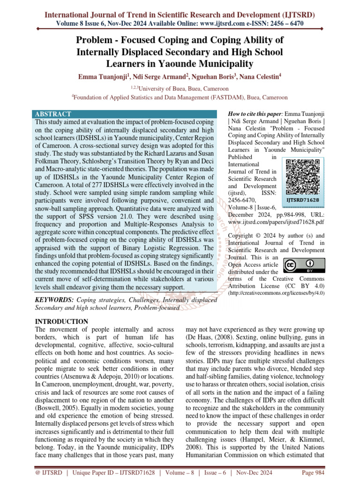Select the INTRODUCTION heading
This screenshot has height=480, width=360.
click(x=62, y=321)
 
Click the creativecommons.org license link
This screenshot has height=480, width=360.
click(x=276, y=293)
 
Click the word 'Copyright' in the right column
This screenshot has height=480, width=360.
click(x=242, y=235)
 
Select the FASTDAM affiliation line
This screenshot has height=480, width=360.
click(x=180, y=97)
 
